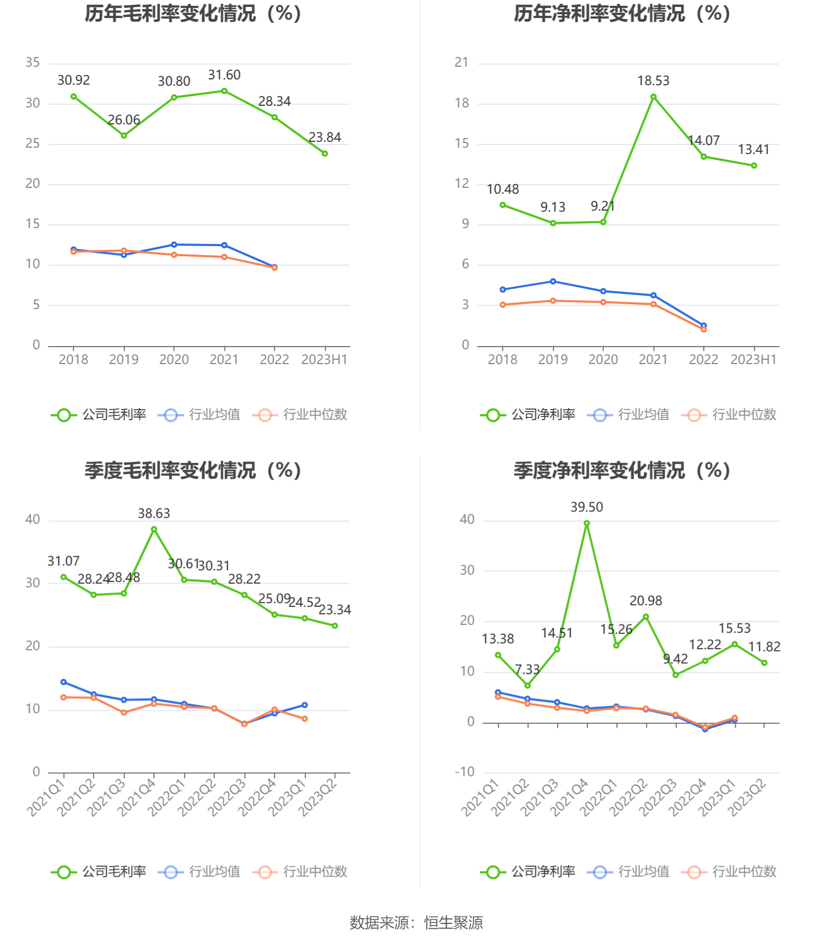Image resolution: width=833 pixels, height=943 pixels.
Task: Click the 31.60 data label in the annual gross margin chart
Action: click(224, 75)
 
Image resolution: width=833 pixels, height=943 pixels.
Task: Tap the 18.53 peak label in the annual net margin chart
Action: click(653, 81)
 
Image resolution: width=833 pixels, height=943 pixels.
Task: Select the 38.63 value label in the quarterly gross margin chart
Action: click(154, 513)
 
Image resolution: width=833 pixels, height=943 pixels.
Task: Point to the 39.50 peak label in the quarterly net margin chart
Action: click(586, 507)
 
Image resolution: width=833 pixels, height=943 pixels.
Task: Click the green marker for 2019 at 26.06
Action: click(124, 135)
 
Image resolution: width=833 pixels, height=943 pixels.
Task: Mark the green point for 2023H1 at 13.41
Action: click(754, 166)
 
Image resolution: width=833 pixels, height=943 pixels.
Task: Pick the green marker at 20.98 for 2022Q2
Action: click(646, 616)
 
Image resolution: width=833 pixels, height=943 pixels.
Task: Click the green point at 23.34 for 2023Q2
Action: click(334, 625)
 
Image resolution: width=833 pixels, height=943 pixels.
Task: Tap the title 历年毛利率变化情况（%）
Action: click(193, 14)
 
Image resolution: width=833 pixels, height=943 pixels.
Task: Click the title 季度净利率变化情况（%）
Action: click(622, 470)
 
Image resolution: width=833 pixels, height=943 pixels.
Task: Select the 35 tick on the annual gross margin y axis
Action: click(33, 62)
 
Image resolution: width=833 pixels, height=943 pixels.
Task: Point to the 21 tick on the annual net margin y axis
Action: click(461, 62)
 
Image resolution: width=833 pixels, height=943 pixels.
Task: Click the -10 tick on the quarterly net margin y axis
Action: click(465, 772)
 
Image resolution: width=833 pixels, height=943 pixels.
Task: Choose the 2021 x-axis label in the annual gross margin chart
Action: click(224, 360)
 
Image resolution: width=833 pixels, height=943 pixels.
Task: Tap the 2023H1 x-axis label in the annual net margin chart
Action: click(753, 360)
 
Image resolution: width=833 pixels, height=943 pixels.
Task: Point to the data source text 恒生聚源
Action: click(454, 923)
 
